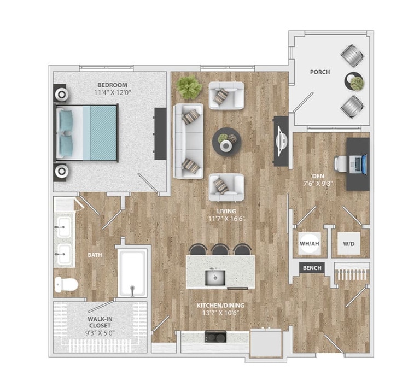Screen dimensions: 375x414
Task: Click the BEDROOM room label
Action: pyautogui.click(x=112, y=85)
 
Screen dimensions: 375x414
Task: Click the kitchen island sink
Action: pyautogui.click(x=214, y=278)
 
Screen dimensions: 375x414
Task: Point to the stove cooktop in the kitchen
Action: pyautogui.click(x=216, y=336)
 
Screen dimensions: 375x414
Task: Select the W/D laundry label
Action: pyautogui.click(x=347, y=244)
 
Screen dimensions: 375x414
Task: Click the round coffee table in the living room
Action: pyautogui.click(x=225, y=141)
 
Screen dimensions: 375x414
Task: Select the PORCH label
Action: pyautogui.click(x=320, y=72)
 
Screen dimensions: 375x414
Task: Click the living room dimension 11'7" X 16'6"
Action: pyautogui.click(x=226, y=219)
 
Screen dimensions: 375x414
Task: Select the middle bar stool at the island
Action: pyautogui.click(x=220, y=249)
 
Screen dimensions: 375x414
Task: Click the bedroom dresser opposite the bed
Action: pyautogui.click(x=160, y=133)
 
